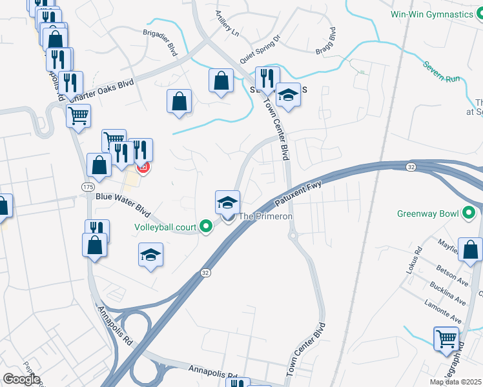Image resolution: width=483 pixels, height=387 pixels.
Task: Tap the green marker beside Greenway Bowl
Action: coord(469,213)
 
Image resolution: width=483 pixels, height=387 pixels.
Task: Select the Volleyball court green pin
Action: coord(206,226)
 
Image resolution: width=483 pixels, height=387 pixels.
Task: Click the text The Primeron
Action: coord(266,217)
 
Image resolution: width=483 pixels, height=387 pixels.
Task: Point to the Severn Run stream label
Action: coord(442,72)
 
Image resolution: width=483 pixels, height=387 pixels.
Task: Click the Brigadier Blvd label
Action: coord(159,47)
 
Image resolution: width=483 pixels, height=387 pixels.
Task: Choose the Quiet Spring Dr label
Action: coord(260,50)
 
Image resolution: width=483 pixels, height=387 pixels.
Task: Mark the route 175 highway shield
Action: coord(87,186)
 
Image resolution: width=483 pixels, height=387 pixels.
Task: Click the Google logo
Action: coord(21,379)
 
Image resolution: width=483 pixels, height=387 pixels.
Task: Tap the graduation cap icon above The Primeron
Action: coord(227,202)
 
